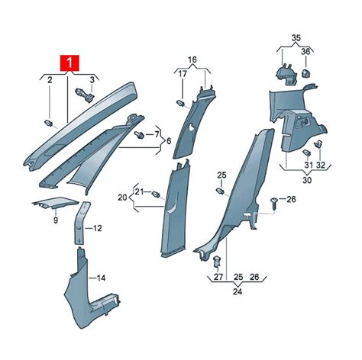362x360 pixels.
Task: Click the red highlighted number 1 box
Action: (x=69, y=63)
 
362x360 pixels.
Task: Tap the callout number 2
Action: (x=50, y=80)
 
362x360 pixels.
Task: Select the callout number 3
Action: (x=92, y=79)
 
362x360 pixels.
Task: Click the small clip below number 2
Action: (x=49, y=123)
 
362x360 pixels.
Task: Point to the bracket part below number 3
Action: (x=85, y=95)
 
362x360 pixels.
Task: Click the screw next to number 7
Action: (x=140, y=134)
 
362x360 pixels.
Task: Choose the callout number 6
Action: (x=169, y=140)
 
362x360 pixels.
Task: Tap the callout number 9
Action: (x=56, y=220)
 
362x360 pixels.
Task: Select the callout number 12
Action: (x=98, y=228)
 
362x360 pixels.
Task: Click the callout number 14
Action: (x=102, y=278)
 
